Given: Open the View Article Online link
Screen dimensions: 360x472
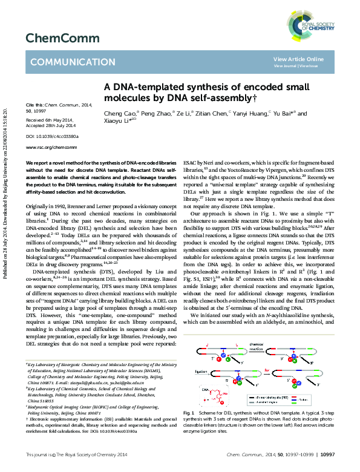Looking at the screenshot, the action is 298,59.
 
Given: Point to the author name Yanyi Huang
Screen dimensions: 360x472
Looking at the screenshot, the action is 250,113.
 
